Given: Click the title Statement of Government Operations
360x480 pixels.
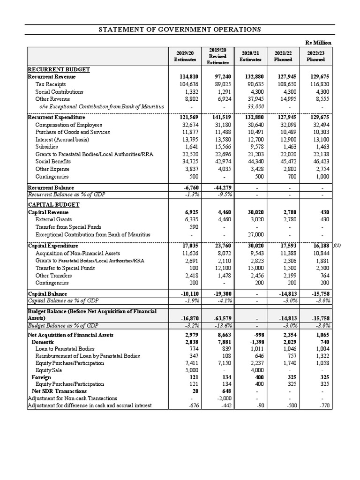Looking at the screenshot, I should coord(180,30).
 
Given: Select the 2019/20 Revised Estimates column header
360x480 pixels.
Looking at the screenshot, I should coord(217,56).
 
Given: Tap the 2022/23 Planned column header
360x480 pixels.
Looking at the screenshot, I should coord(315,56).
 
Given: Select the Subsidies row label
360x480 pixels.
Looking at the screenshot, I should coord(46,147).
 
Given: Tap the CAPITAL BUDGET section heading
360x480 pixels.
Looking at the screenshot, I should coord(53,205).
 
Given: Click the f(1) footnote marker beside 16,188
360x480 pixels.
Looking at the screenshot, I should coord(337,246).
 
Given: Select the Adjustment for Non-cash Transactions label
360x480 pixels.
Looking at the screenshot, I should coord(73,398).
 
